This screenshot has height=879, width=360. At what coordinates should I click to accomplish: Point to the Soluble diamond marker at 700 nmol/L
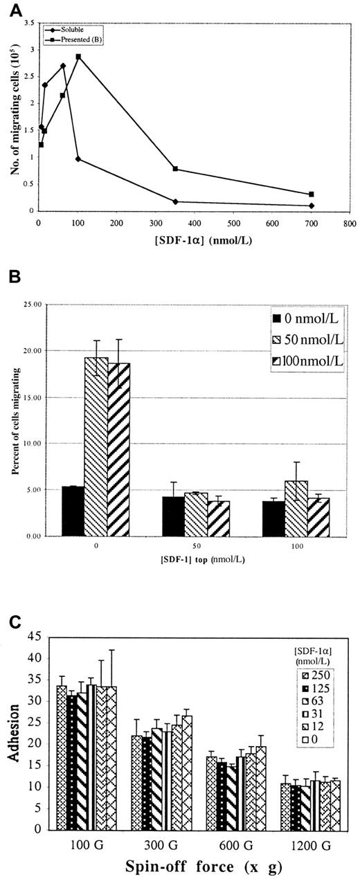tap(312, 206)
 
